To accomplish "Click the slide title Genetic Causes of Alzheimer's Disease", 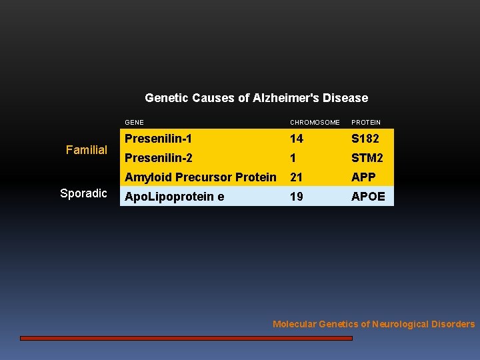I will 256,98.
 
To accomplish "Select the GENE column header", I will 134,123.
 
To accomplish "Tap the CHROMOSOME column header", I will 315,123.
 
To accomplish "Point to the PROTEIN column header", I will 366,123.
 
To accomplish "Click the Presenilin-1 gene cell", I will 159,139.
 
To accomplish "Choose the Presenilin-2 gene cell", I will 159,158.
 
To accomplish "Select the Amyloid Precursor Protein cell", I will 201,177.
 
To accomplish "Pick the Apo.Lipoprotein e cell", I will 175,197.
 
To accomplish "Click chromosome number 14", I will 296,139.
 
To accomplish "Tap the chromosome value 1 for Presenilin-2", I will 293,158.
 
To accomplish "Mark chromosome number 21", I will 296,177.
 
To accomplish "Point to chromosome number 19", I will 296,197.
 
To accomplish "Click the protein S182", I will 366,139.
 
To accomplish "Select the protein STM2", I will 367,158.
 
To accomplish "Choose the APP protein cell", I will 363,177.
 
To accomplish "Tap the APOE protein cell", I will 368,197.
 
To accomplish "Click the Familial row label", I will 87,150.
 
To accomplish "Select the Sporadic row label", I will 83,193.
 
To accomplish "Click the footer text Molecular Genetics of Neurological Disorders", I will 374,325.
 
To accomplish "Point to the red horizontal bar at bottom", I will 186,338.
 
